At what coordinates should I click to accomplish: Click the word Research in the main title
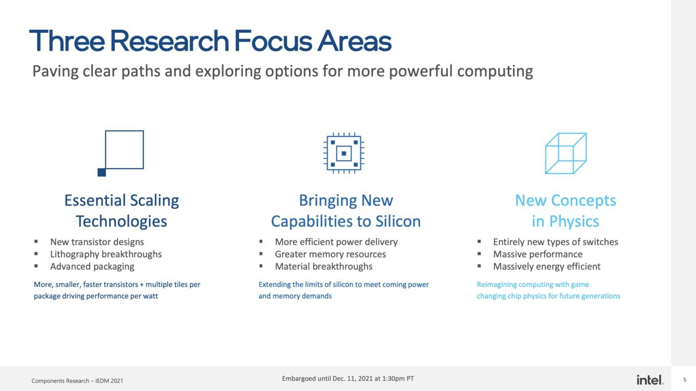(170, 41)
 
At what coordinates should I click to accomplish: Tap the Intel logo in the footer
(650, 380)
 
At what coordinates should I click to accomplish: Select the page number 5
(685, 380)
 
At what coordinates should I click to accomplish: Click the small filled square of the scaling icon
(102, 172)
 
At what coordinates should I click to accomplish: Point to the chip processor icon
(344, 153)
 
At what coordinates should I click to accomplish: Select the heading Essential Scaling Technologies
(121, 211)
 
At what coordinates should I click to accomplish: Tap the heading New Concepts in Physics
(565, 211)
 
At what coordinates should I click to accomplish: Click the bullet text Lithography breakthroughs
(106, 254)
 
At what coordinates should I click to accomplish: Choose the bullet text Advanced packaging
(92, 266)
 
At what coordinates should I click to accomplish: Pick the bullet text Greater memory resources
(330, 254)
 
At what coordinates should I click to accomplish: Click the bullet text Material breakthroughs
(323, 266)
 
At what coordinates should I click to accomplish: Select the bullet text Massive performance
(538, 254)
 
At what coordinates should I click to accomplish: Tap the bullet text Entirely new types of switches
(556, 242)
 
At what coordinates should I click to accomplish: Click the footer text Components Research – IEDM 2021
(77, 381)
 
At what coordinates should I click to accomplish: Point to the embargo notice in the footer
(347, 379)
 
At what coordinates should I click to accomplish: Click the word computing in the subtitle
(495, 71)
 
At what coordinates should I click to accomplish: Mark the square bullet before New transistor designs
(36, 241)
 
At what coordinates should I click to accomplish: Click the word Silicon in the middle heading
(398, 221)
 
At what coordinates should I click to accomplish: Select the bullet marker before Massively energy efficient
(479, 266)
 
